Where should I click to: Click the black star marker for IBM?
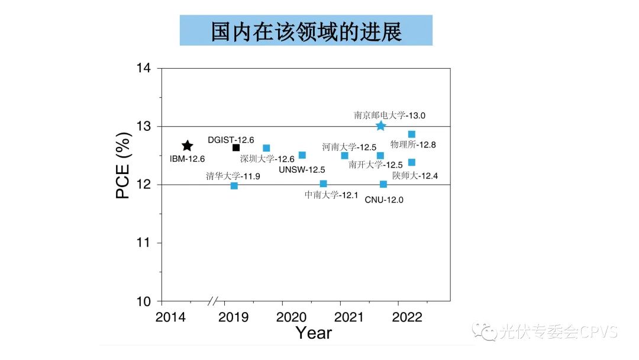187,146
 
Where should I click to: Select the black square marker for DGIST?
236,147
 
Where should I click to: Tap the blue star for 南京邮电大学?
380,126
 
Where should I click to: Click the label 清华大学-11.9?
233,175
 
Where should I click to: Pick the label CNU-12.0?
384,200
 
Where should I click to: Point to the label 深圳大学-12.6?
267,159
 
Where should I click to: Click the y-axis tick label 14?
144,69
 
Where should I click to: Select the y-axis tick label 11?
144,243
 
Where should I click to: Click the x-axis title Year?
314,333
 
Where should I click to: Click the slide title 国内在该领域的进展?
306,31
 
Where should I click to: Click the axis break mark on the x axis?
213,301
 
